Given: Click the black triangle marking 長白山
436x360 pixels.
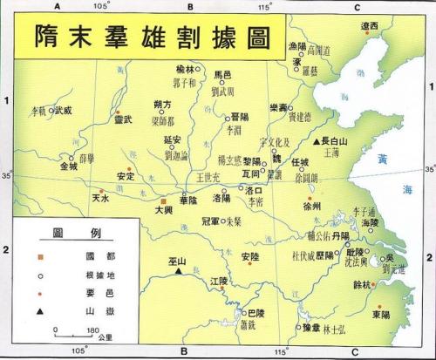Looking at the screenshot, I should (x=317, y=140).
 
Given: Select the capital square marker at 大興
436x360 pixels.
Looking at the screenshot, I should (x=162, y=200).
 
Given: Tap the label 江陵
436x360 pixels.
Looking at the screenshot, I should (x=222, y=281).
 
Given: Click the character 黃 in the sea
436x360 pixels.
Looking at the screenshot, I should (x=384, y=159).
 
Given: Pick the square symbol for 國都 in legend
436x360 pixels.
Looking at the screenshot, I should (x=38, y=255).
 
